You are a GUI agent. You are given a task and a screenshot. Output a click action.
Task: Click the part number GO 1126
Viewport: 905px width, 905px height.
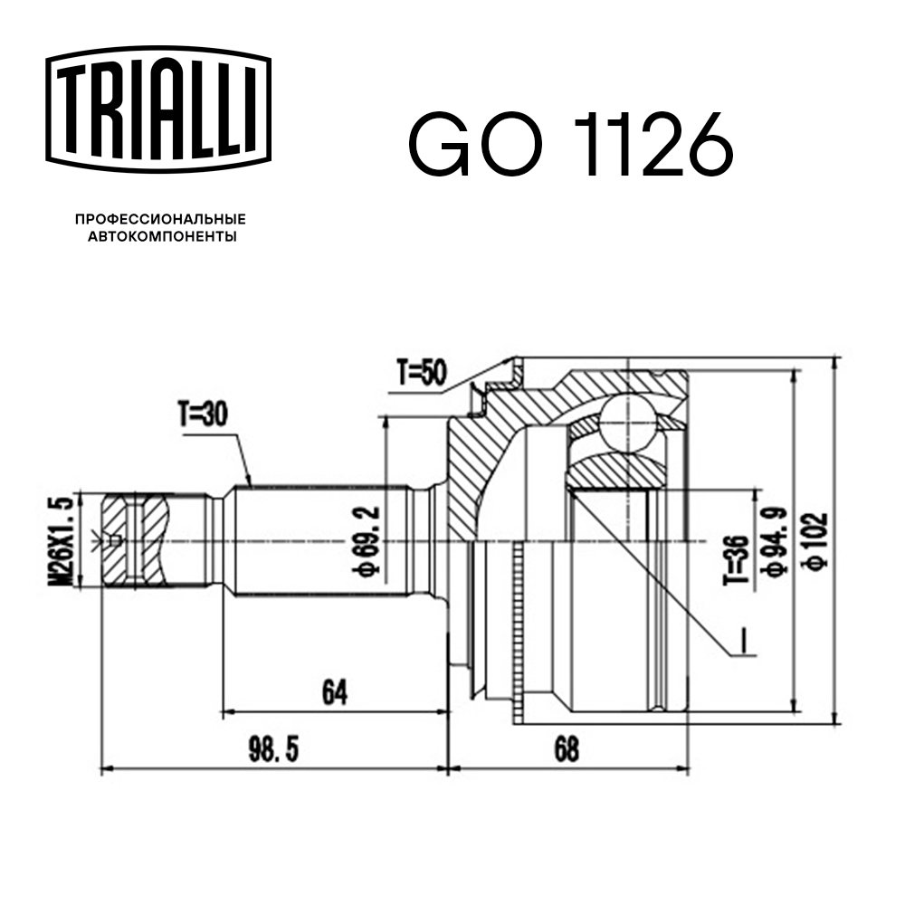[569, 144]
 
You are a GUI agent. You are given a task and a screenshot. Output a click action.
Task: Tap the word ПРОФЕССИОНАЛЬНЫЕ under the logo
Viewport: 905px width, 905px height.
[161, 219]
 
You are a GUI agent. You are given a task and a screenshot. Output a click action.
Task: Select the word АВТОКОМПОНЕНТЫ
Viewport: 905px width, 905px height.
[161, 237]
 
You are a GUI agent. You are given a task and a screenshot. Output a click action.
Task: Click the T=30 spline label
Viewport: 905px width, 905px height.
[202, 415]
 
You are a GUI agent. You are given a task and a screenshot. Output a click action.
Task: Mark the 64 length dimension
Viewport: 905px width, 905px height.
[333, 692]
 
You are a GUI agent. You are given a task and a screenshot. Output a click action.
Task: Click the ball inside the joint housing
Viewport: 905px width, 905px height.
[629, 422]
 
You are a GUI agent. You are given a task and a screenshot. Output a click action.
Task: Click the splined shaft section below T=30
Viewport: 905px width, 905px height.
[317, 541]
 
